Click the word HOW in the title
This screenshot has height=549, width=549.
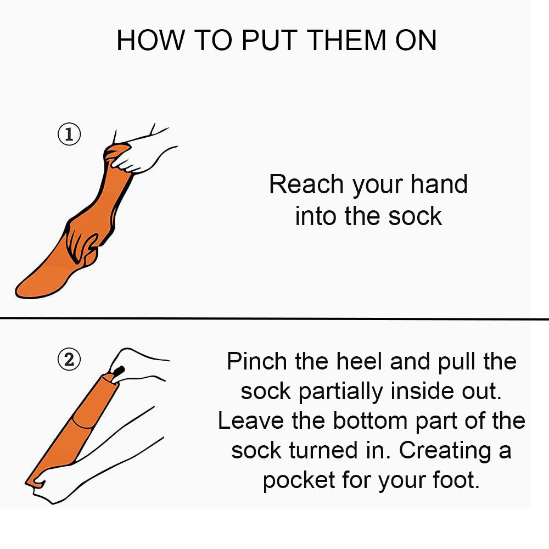tap(150, 40)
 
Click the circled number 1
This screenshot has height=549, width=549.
tap(69, 135)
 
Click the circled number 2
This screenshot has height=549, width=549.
tap(69, 359)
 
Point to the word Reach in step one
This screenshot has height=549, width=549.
tap(306, 184)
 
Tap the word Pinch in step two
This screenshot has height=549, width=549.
tap(257, 361)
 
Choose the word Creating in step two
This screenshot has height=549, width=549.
tap(445, 451)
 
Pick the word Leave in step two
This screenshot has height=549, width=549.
tap(251, 421)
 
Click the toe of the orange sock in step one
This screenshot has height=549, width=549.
tap(25, 289)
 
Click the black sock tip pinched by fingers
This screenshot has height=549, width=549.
tap(119, 371)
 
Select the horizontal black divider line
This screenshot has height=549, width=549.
tap(274, 318)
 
